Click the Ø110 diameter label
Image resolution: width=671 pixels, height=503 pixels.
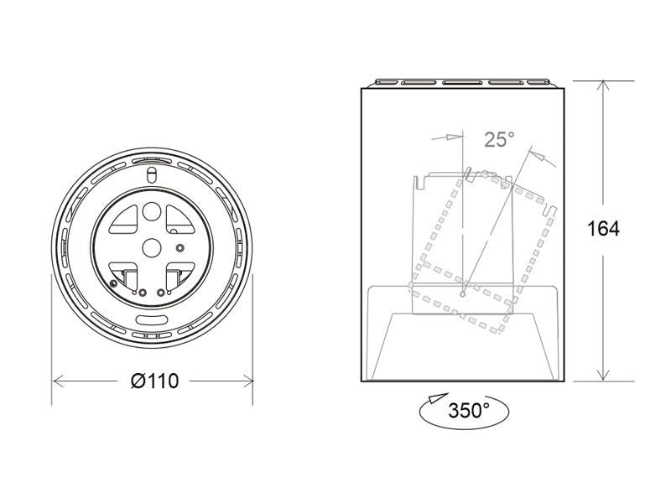pos(154,381)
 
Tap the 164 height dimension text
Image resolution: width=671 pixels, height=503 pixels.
pos(603,228)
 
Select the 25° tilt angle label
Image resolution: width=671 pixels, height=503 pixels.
pos(499,139)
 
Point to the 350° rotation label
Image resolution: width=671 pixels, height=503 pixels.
pos(469,410)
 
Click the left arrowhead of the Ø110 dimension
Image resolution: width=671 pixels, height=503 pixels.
pos(59,381)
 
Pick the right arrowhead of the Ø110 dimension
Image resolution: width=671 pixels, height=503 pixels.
pos(247,381)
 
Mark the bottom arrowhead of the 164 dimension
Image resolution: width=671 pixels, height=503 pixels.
pos(603,374)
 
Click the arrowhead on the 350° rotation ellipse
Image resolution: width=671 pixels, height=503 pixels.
pos(438,398)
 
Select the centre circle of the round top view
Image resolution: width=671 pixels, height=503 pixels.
pos(152,247)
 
